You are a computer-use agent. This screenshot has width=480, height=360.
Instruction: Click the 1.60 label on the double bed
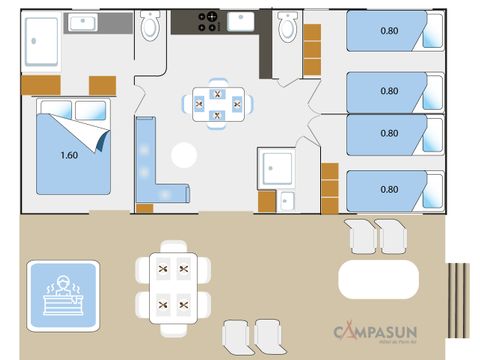click(x=69, y=154)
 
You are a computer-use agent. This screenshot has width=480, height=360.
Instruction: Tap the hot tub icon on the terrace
click(x=62, y=291)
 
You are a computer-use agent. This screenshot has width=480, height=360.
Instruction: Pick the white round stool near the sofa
click(x=184, y=155)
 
